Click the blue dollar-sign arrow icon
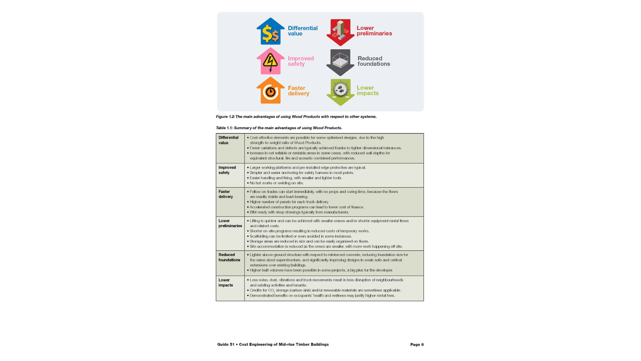[270, 32]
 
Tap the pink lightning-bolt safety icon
[270, 61]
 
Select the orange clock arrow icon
[270, 91]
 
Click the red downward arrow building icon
[340, 32]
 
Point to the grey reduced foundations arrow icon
[340, 62]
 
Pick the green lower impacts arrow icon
[340, 92]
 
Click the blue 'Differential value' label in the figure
[302, 31]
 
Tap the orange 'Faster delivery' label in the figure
[298, 91]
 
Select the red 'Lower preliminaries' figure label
[374, 31]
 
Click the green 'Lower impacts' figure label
[367, 90]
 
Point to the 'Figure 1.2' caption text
[296, 117]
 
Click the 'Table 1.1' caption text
[279, 128]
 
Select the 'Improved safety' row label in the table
[227, 170]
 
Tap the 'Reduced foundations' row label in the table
[229, 257]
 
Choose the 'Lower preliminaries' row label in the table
[230, 223]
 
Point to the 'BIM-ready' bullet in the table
[299, 212]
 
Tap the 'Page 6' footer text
[417, 344]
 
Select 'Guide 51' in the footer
[226, 344]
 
